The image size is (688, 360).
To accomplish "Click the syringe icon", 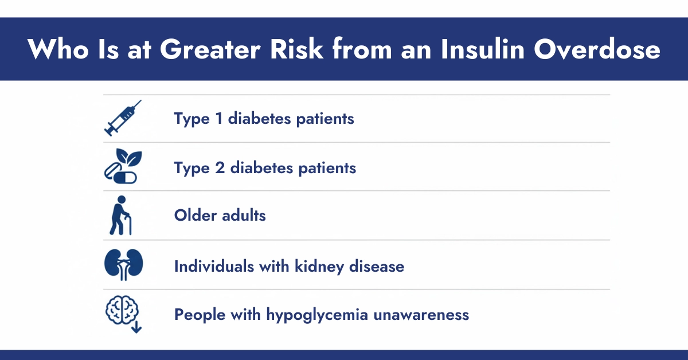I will pos(122,118).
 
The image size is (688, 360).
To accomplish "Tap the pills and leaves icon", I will pos(122,167).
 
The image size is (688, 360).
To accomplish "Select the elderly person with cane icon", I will pos(121,216).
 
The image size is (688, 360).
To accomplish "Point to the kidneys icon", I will pos(123,265).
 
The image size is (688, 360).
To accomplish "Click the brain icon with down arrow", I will pos(122,315).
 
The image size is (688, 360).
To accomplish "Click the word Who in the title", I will pos(54,49).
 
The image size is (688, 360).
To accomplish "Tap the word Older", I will pos(195,216).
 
